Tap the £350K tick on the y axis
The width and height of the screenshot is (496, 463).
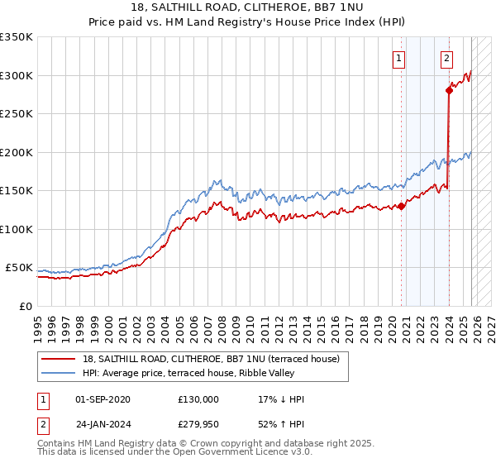17,37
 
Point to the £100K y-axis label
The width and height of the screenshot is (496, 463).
17,229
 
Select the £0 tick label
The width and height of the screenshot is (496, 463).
25,306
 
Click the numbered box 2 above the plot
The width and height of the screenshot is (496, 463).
447,58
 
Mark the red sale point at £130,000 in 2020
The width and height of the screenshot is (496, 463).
401,207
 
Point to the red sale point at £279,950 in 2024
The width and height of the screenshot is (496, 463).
449,91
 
